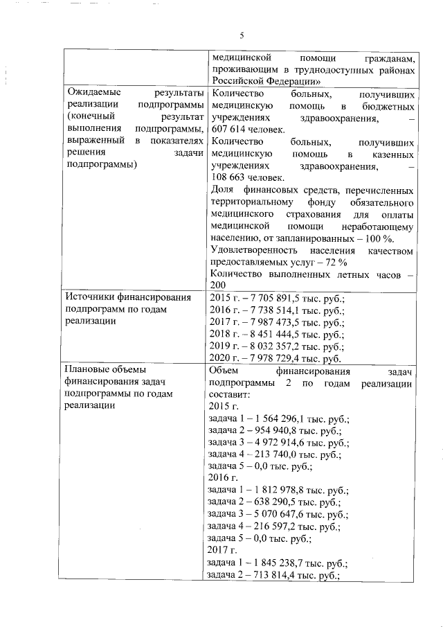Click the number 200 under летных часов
217,285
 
